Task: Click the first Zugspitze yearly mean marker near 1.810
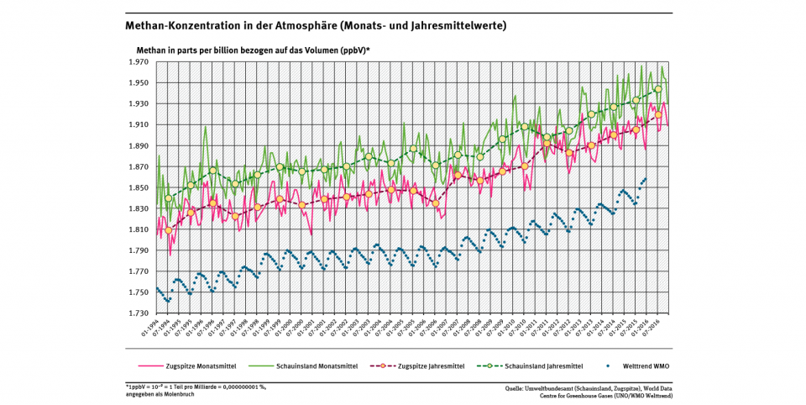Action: click(169, 230)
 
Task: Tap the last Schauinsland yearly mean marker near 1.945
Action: click(658, 89)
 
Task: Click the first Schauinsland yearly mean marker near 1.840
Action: click(169, 198)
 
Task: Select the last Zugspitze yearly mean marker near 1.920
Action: click(658, 114)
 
